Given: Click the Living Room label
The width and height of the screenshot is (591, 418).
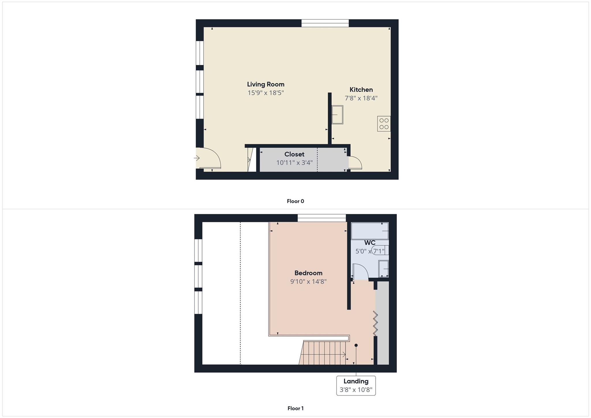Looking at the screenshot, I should [x=265, y=84].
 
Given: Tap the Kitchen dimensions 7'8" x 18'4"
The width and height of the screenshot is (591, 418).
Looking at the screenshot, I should [x=361, y=98].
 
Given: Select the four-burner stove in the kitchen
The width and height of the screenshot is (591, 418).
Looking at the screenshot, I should [x=384, y=124].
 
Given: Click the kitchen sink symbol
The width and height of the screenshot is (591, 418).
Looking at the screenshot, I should [x=337, y=115].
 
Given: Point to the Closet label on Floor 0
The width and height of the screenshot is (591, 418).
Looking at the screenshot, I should [x=294, y=154].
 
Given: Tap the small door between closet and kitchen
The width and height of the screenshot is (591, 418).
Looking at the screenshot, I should [x=355, y=163].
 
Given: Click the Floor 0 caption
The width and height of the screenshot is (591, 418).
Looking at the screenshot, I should [x=295, y=201].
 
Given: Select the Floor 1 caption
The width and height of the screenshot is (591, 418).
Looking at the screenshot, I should [x=295, y=408].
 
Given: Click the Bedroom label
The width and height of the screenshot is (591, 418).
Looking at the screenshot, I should [x=308, y=273].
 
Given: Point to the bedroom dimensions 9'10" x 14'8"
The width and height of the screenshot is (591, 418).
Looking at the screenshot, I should [x=308, y=281].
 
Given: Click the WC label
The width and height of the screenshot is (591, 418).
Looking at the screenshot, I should [x=370, y=242].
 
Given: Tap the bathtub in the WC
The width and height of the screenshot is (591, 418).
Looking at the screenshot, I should [x=370, y=231].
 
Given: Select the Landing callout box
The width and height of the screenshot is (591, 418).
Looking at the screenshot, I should [x=356, y=385].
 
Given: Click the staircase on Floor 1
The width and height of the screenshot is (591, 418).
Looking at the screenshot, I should [x=323, y=353].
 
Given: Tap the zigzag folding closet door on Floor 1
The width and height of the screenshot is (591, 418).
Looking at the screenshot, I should [x=375, y=323].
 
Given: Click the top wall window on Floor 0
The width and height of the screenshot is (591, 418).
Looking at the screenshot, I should [x=325, y=23].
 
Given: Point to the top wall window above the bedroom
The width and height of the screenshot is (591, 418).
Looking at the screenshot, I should [x=321, y=218].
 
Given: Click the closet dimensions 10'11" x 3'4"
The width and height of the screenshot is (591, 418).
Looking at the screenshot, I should [x=294, y=163].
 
